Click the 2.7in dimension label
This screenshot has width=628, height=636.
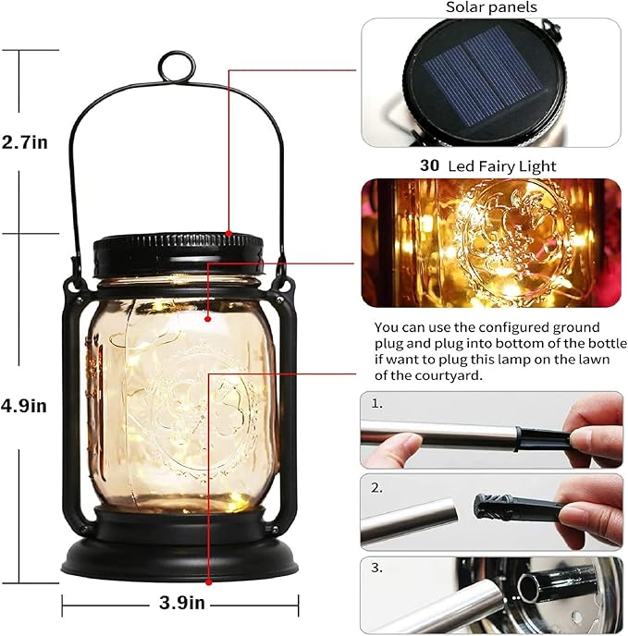click(25, 142)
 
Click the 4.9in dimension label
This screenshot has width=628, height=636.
click(25, 405)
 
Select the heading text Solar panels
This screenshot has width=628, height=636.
click(491, 7)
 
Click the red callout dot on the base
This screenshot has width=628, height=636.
click(209, 581)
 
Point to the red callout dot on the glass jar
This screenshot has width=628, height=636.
click(209, 317)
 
